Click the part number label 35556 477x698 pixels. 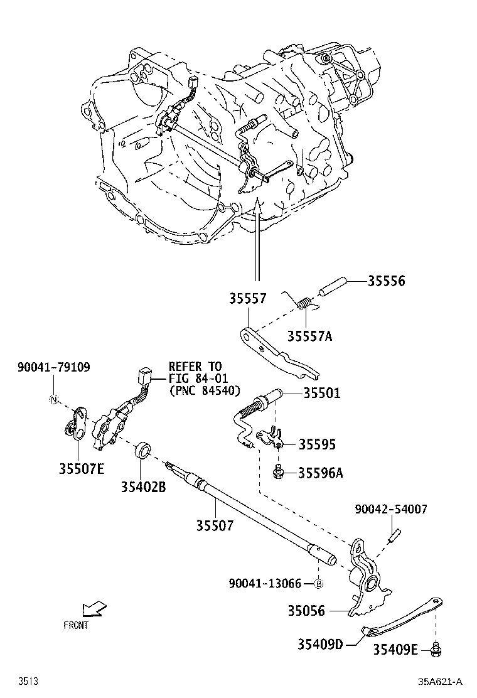click(386, 281)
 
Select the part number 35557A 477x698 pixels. click(309, 336)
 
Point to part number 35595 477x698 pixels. click(317, 444)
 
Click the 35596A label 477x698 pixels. click(320, 472)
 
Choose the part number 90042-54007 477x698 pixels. click(391, 510)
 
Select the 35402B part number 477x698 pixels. click(144, 485)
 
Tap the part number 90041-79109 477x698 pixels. click(53, 367)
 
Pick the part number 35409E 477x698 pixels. click(395, 650)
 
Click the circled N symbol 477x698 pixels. click(54, 400)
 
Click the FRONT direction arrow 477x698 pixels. click(94, 609)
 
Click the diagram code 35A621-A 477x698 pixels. click(441, 681)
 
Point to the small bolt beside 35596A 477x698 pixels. click(277, 470)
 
